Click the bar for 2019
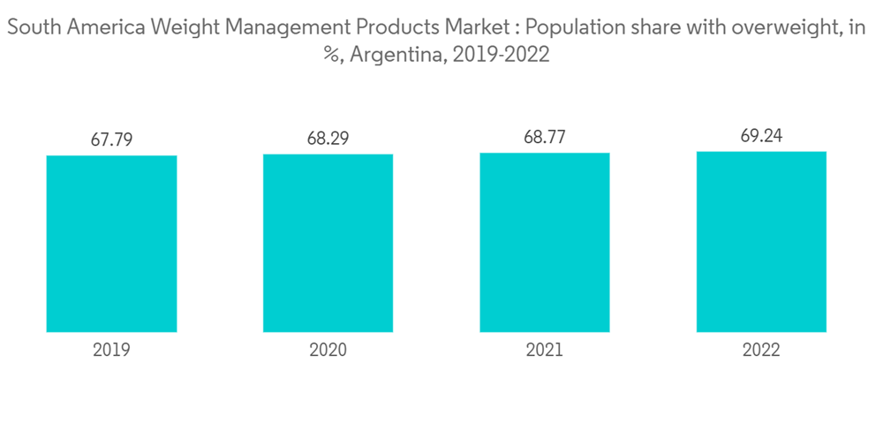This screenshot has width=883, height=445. click(111, 244)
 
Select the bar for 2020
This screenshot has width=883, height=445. click(328, 243)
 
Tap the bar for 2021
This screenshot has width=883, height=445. click(545, 242)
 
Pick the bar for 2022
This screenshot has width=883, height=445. click(761, 241)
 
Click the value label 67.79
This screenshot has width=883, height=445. click(111, 140)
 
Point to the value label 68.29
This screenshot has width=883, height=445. click(328, 139)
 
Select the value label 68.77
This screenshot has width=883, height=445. click(545, 137)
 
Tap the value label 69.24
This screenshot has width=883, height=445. click(761, 136)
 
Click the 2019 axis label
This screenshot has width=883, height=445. click(111, 350)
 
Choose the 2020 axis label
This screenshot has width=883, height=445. click(328, 350)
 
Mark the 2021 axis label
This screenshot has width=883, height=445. click(545, 350)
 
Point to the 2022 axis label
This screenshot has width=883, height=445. click(761, 350)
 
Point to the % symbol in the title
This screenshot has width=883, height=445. click(331, 55)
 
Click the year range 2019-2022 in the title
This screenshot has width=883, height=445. click(501, 55)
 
